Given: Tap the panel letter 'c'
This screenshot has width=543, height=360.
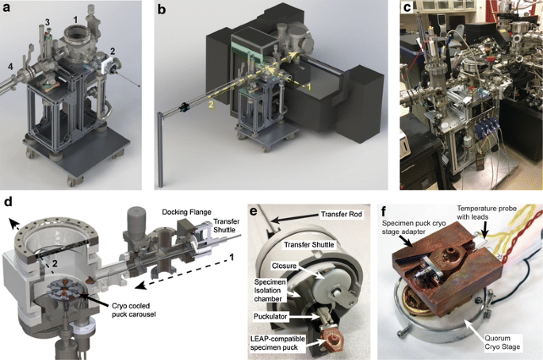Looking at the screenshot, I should tap(407, 9).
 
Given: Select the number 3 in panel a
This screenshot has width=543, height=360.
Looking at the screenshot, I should tap(47, 21).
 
